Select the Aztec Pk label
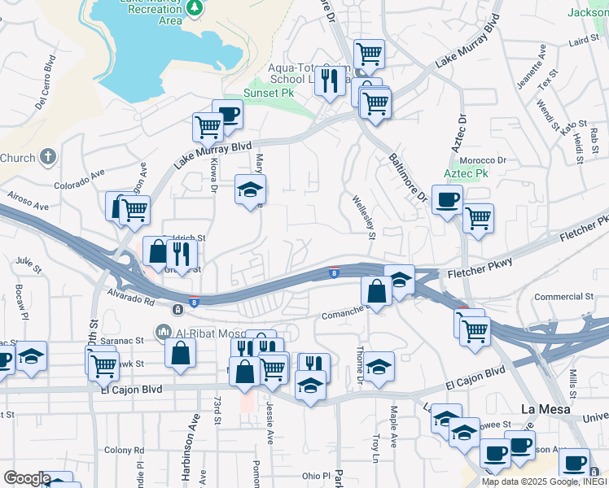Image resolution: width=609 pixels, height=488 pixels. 466,174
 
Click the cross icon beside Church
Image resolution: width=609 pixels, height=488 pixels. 48,157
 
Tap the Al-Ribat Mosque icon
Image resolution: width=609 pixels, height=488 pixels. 163,332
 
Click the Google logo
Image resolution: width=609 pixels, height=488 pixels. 27,478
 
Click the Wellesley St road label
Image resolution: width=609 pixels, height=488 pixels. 363,217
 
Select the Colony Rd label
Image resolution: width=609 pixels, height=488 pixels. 124,450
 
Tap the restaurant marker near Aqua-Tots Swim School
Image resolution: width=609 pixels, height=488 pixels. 330,80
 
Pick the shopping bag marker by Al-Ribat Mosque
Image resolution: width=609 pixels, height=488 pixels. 181,352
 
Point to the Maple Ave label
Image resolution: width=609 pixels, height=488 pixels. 393,422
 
